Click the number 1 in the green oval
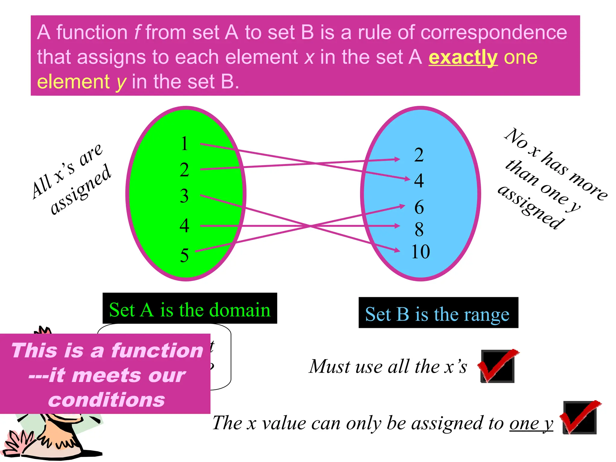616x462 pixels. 185,144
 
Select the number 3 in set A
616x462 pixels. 184,196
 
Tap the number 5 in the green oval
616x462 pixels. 184,255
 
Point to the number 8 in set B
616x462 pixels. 419,229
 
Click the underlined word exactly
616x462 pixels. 463,57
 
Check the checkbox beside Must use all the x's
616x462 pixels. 498,366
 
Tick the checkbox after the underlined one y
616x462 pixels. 580,417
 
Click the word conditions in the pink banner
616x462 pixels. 106,400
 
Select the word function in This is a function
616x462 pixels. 157,351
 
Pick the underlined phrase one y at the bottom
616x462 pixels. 531,423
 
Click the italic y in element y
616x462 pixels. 121,82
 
